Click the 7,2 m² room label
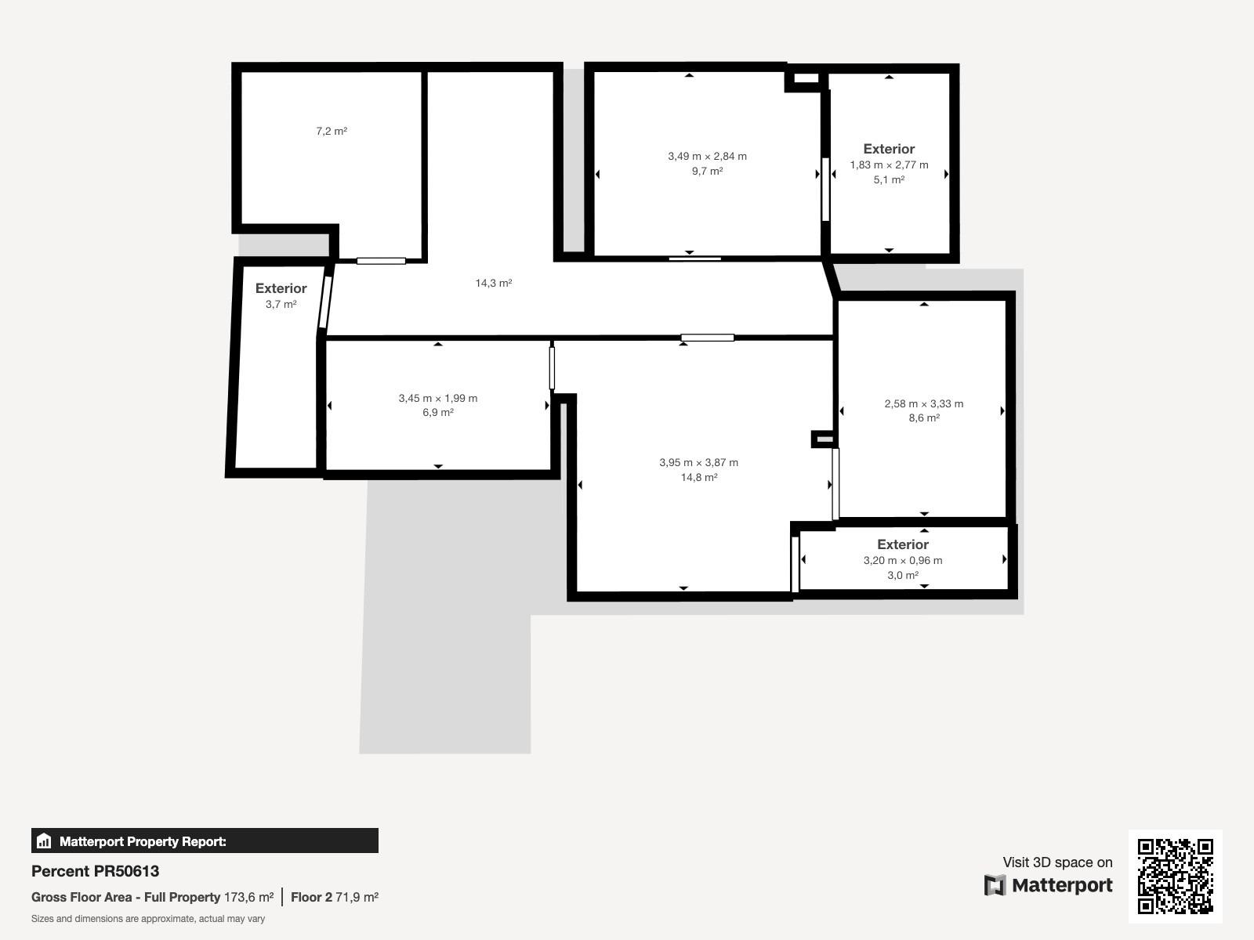(332, 132)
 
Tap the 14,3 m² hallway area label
(494, 283)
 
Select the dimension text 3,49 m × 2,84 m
(707, 157)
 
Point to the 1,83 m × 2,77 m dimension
(889, 165)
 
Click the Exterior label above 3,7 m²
(281, 288)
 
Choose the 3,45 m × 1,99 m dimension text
(438, 399)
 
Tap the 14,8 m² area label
(698, 477)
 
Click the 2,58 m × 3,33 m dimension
(924, 404)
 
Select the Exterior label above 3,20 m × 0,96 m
(903, 544)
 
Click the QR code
(1175, 876)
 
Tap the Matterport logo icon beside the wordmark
(995, 885)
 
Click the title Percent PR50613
(95, 871)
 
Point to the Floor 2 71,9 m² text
(335, 897)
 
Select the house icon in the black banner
(44, 841)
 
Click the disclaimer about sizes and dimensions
(148, 919)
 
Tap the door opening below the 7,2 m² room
(381, 261)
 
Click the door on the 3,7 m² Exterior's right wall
(325, 302)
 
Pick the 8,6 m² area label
(924, 418)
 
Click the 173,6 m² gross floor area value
(248, 897)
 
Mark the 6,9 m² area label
(438, 412)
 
